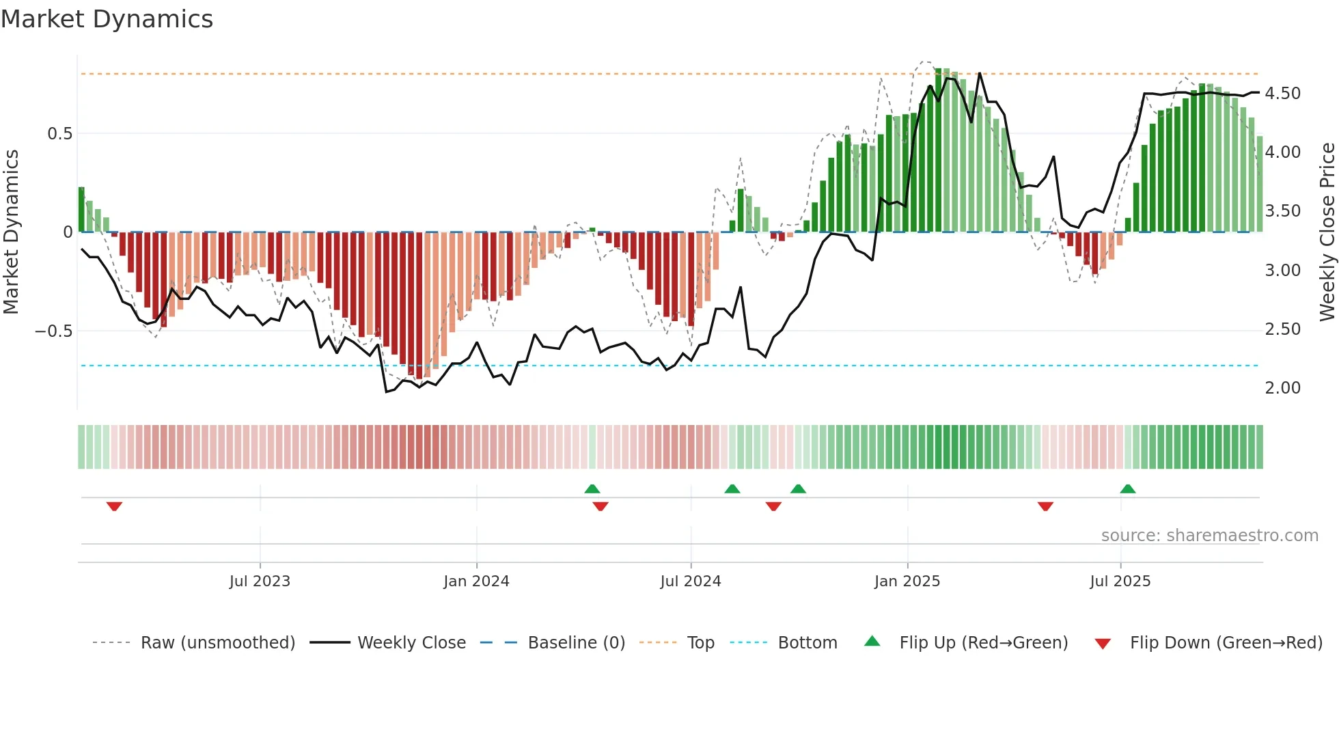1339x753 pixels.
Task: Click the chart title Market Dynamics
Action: point(107,19)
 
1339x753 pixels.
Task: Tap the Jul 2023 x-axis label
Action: point(260,581)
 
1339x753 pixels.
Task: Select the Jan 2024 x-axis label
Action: point(476,581)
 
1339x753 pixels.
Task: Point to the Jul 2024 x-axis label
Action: point(691,581)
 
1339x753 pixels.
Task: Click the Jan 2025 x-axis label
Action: point(907,581)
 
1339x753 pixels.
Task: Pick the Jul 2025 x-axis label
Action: point(1120,581)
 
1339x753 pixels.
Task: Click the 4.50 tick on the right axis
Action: point(1282,94)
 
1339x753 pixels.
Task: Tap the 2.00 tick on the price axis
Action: point(1282,388)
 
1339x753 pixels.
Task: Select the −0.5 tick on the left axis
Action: point(54,331)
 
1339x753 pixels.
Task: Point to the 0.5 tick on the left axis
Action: point(60,134)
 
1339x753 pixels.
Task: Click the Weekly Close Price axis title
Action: point(1327,232)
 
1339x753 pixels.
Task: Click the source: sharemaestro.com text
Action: point(1209,536)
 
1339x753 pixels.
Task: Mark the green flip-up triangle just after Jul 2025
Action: point(1128,489)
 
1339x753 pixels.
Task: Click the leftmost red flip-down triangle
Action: point(114,506)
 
